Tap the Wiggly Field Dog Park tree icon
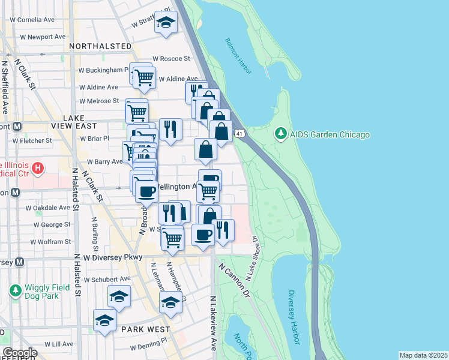coord(15,292)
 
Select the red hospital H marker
coord(38,167)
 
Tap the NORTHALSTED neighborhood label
coord(100,46)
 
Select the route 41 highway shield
coord(240,132)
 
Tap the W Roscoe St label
coord(171,59)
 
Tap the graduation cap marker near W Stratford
coord(166,23)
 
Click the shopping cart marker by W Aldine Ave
coord(144,77)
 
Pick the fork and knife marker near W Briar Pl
coord(170,128)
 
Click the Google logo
coord(19,353)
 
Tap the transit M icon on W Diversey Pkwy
coord(20,262)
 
